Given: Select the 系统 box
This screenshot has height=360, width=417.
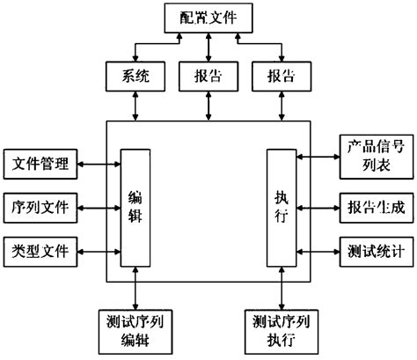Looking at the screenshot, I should click(x=135, y=76).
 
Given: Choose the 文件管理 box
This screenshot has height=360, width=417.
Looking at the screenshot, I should click(x=40, y=163).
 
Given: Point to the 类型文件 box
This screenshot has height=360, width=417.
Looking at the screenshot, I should click(x=40, y=249).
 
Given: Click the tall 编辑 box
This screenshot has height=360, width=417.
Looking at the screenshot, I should click(x=135, y=207).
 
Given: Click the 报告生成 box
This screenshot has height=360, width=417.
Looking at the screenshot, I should click(x=375, y=209).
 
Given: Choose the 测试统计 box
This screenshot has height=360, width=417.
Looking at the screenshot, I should click(x=375, y=251).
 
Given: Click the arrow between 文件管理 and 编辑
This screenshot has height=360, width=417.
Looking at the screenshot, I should click(x=99, y=163).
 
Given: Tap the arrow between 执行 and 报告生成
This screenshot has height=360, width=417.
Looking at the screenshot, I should click(x=318, y=209).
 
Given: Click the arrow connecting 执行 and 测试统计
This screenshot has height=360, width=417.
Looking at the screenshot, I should click(x=318, y=251).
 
